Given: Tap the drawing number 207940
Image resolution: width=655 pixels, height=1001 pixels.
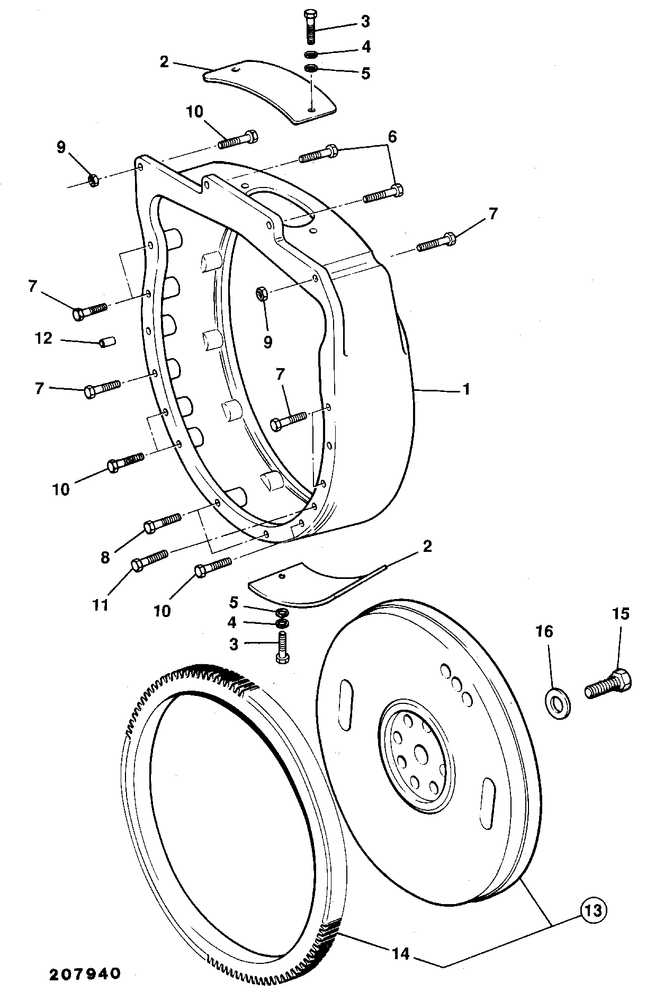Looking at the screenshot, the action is pos(86,973).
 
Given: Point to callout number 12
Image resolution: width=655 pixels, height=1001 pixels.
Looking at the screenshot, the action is pos(44,337).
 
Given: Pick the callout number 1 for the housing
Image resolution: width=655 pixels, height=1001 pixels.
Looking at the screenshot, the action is pos(466,389).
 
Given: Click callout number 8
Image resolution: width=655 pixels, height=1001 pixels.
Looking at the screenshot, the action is pos(105,557).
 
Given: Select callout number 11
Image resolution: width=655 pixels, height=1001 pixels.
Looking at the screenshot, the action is pos(101,604).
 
